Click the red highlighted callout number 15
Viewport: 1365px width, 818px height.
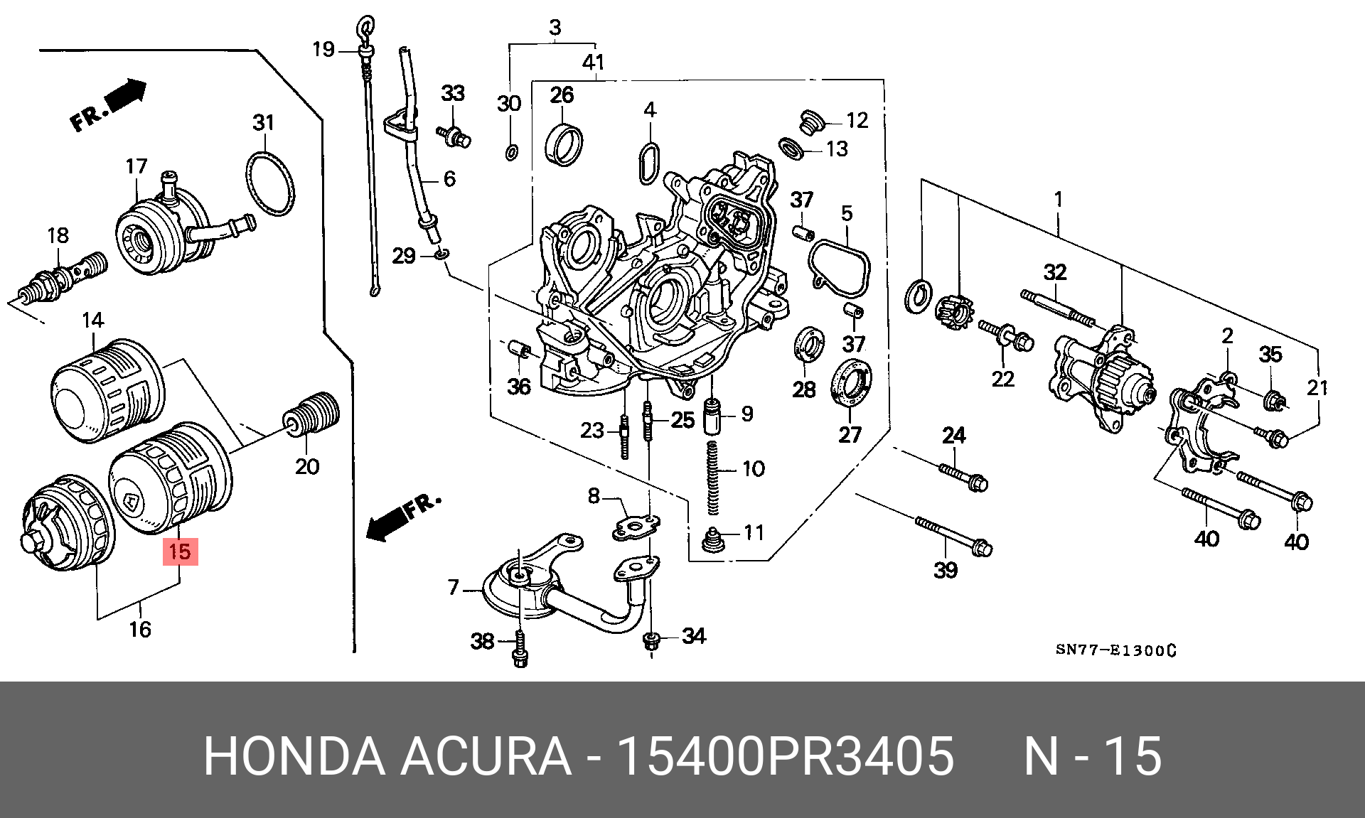click(180, 551)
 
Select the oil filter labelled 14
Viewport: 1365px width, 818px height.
click(108, 391)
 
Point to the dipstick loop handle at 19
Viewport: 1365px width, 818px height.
click(366, 29)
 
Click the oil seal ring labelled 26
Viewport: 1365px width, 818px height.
click(564, 145)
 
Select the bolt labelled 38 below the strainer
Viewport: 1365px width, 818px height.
click(520, 648)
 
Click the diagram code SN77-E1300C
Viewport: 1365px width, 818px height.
click(1115, 650)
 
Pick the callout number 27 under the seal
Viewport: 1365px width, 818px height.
click(850, 434)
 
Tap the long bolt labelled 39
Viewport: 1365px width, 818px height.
click(954, 537)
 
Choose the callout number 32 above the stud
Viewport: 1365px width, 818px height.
click(1055, 272)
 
